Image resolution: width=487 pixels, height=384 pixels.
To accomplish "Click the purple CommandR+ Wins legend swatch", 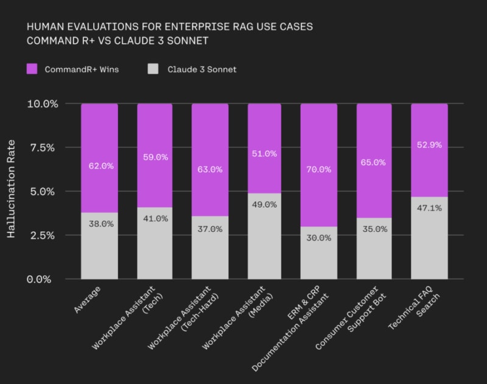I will point(32,69).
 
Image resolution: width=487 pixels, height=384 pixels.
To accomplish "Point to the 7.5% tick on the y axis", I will point(43,147).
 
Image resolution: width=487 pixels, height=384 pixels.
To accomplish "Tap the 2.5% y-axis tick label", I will point(43,236).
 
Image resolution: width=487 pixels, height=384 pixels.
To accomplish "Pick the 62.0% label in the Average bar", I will point(100,166).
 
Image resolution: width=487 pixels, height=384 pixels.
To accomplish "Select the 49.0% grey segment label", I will point(264,204).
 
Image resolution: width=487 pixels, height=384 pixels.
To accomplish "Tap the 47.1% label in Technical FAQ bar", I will point(429,208).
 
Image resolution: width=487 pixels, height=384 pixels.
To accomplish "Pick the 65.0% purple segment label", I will point(374,162).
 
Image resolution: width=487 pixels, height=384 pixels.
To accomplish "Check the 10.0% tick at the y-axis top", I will point(43,104).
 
